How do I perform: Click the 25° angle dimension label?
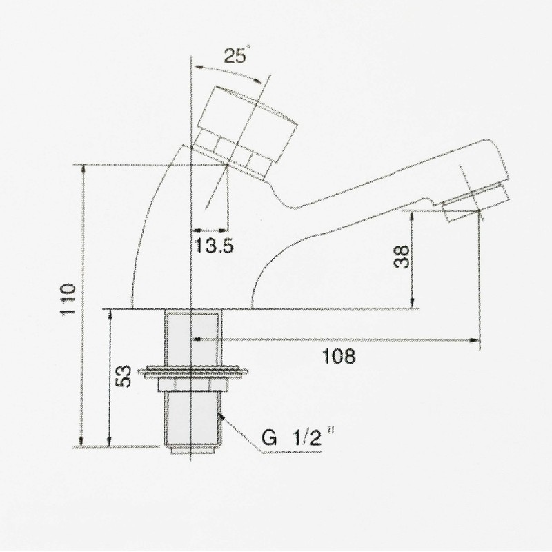pos(236,55)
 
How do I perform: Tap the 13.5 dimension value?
pos(214,246)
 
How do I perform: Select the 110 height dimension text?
pos(68,299)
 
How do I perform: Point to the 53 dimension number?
pos(124,376)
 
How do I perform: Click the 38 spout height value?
pos(402,257)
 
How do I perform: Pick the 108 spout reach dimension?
pos(339,356)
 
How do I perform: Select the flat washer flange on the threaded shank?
pos(193,372)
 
